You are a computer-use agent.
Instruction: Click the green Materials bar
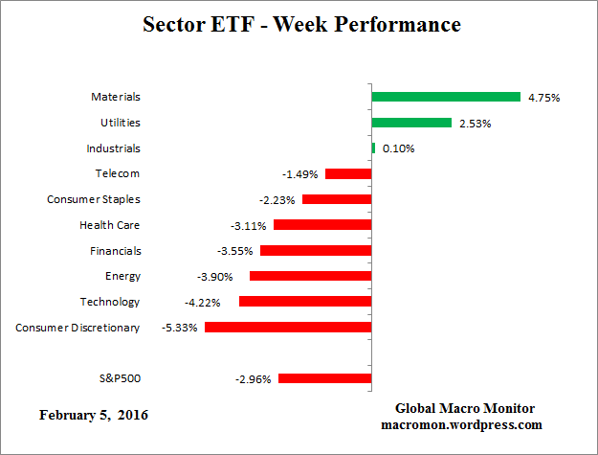tap(446, 97)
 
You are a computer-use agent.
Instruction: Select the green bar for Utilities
tap(411, 123)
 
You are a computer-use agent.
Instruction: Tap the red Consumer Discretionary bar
tap(288, 327)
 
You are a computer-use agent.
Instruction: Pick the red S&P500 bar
tap(324, 378)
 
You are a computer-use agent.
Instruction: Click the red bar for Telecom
tap(348, 173)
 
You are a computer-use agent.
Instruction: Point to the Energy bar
tap(310, 276)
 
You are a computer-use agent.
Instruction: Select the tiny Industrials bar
tap(373, 148)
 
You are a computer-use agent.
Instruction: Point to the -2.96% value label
tap(254, 378)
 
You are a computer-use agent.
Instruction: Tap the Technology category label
tap(110, 302)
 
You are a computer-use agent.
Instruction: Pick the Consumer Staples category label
tap(94, 199)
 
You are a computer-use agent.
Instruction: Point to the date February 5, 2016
tap(94, 415)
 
